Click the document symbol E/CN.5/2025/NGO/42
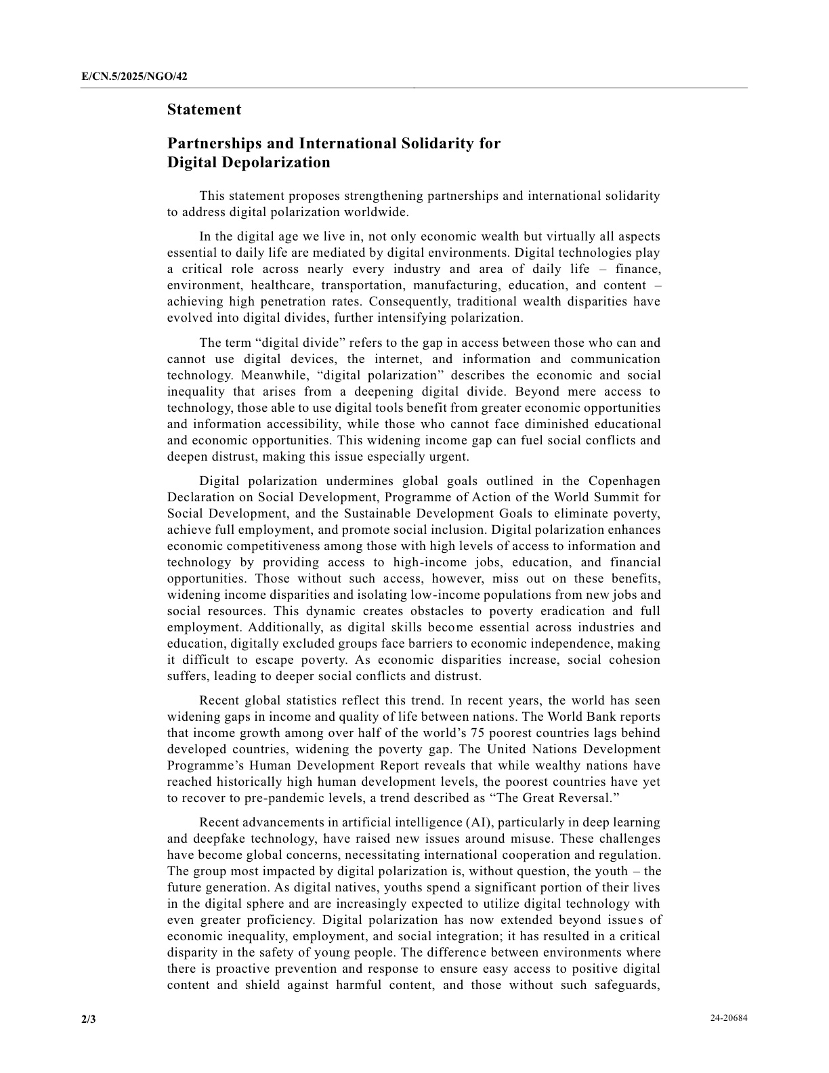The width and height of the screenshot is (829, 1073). tap(134, 77)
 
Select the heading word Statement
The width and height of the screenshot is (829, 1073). tap(204, 110)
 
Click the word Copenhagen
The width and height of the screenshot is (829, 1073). tap(624, 481)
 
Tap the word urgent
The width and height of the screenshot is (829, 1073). tap(448, 457)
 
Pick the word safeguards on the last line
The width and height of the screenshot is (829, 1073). tap(626, 985)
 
